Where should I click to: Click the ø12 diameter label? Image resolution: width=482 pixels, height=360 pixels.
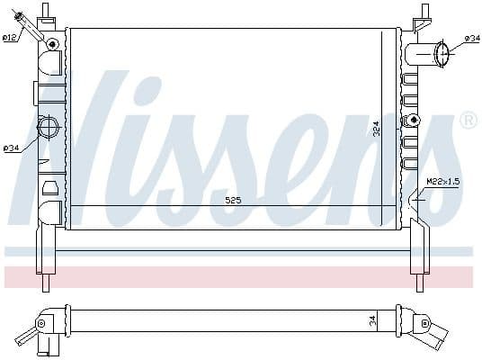pos(9,38)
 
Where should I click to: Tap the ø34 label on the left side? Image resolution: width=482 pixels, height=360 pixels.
pos(12,148)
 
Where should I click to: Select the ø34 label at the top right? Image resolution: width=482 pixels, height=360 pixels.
pos(471,38)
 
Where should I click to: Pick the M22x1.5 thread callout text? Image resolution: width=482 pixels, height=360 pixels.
pos(443,182)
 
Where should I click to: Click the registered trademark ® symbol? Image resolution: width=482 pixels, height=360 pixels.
pos(468,120)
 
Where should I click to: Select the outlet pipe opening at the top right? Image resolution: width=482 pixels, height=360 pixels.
pos(443,54)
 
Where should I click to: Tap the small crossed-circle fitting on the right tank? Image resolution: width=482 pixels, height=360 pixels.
pos(413,120)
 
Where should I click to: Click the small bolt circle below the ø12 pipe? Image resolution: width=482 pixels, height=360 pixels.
pos(53,43)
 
